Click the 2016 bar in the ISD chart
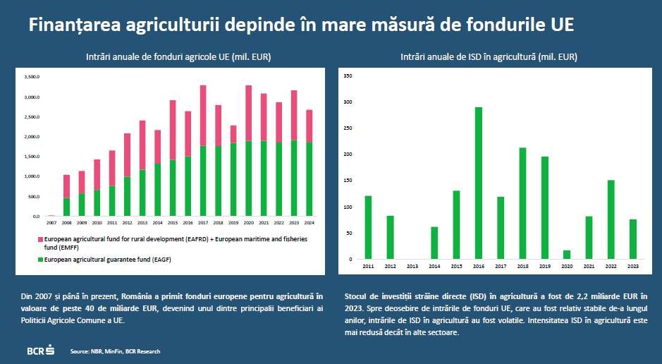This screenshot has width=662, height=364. [479, 183]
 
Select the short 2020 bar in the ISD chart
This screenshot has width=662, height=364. [567, 255]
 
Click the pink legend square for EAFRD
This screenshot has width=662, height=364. [41, 239]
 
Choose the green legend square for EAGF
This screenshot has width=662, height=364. [41, 260]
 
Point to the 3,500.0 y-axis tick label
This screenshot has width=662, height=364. [32, 76]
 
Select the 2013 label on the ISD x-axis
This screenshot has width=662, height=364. [412, 267]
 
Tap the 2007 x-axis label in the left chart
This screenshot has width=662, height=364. [51, 222]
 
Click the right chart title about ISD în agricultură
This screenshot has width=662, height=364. [494, 56]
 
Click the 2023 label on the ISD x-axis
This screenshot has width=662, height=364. [633, 267]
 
